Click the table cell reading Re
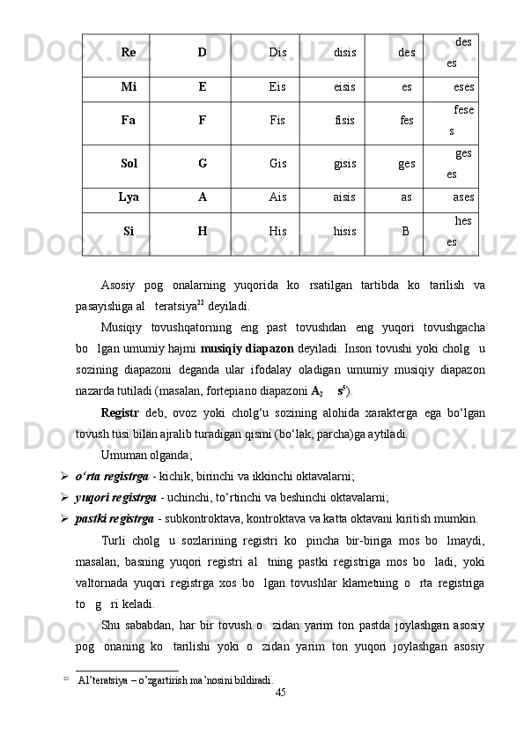coord(128,52)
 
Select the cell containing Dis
coord(277,52)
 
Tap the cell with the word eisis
coord(344,88)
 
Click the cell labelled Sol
coord(129,163)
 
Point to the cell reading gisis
coord(344,163)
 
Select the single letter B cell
coord(405,232)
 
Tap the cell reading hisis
coord(344,232)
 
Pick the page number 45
coord(281,694)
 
